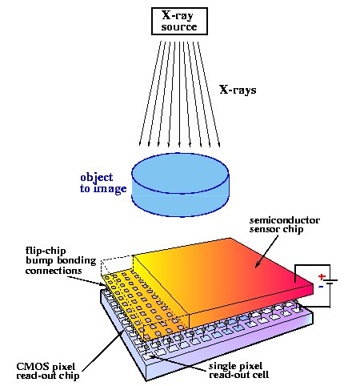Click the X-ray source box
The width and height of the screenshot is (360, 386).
pyautogui.click(x=179, y=21)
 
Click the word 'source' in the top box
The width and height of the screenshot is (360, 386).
pyautogui.click(x=179, y=27)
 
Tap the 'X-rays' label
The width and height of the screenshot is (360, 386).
pyautogui.click(x=238, y=90)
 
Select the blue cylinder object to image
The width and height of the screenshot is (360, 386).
pyautogui.click(x=180, y=185)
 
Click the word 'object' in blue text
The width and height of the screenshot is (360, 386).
pyautogui.click(x=97, y=178)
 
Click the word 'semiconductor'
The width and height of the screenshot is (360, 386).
pyautogui.click(x=285, y=220)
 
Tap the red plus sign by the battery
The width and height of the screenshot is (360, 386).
pyautogui.click(x=322, y=276)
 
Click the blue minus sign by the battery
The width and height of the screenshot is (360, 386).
pyautogui.click(x=321, y=287)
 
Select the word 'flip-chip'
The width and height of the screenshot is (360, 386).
pyautogui.click(x=46, y=251)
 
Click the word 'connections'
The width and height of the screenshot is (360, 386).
pyautogui.click(x=54, y=271)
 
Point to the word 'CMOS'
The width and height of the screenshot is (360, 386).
pyautogui.click(x=29, y=366)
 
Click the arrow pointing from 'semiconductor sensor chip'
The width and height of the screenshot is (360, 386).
pyautogui.click(x=266, y=251)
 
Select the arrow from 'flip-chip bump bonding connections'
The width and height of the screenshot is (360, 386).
pyautogui.click(x=86, y=281)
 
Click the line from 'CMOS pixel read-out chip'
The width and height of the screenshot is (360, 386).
pyautogui.click(x=103, y=351)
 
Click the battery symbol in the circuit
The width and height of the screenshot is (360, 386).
pyautogui.click(x=330, y=282)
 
